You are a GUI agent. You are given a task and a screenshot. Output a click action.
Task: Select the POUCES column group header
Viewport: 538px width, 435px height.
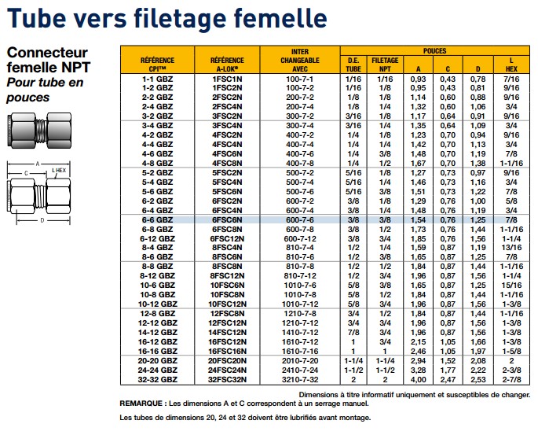click(435, 51)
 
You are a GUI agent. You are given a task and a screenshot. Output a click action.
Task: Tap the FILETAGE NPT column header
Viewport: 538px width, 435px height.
click(385, 65)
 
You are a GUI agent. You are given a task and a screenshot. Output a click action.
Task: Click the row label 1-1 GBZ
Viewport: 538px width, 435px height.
click(158, 79)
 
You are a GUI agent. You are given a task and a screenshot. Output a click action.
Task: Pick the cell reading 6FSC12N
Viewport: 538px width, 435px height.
click(227, 238)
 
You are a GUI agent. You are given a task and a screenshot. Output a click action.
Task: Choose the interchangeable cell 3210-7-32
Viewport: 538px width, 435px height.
click(300, 380)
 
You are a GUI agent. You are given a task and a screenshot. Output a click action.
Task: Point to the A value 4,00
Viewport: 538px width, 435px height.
click(418, 380)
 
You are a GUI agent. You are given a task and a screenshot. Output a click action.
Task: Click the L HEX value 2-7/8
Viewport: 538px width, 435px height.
click(511, 380)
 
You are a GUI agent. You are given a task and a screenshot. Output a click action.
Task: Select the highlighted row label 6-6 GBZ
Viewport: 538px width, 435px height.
click(158, 219)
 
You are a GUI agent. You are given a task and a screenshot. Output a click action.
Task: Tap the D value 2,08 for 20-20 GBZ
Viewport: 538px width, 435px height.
click(478, 361)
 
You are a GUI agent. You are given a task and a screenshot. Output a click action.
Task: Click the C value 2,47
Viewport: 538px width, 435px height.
click(448, 380)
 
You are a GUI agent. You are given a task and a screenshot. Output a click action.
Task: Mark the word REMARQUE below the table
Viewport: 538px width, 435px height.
click(141, 404)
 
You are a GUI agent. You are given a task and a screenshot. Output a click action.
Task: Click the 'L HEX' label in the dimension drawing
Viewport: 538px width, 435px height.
click(59, 171)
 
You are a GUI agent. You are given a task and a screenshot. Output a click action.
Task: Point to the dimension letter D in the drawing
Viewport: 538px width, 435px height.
click(42, 220)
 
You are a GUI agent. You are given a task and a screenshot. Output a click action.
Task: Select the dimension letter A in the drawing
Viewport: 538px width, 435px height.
click(38, 164)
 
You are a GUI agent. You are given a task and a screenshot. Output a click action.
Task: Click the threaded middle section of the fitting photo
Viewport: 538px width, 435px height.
click(41, 131)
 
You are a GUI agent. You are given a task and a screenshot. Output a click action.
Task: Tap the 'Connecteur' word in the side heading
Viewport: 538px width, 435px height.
click(47, 53)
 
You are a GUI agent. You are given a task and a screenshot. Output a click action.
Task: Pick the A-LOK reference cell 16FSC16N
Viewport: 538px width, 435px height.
click(227, 351)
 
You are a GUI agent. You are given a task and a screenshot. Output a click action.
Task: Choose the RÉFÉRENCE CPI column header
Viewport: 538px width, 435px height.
click(158, 65)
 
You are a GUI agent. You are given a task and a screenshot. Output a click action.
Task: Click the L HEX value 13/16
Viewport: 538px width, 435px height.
click(511, 248)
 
